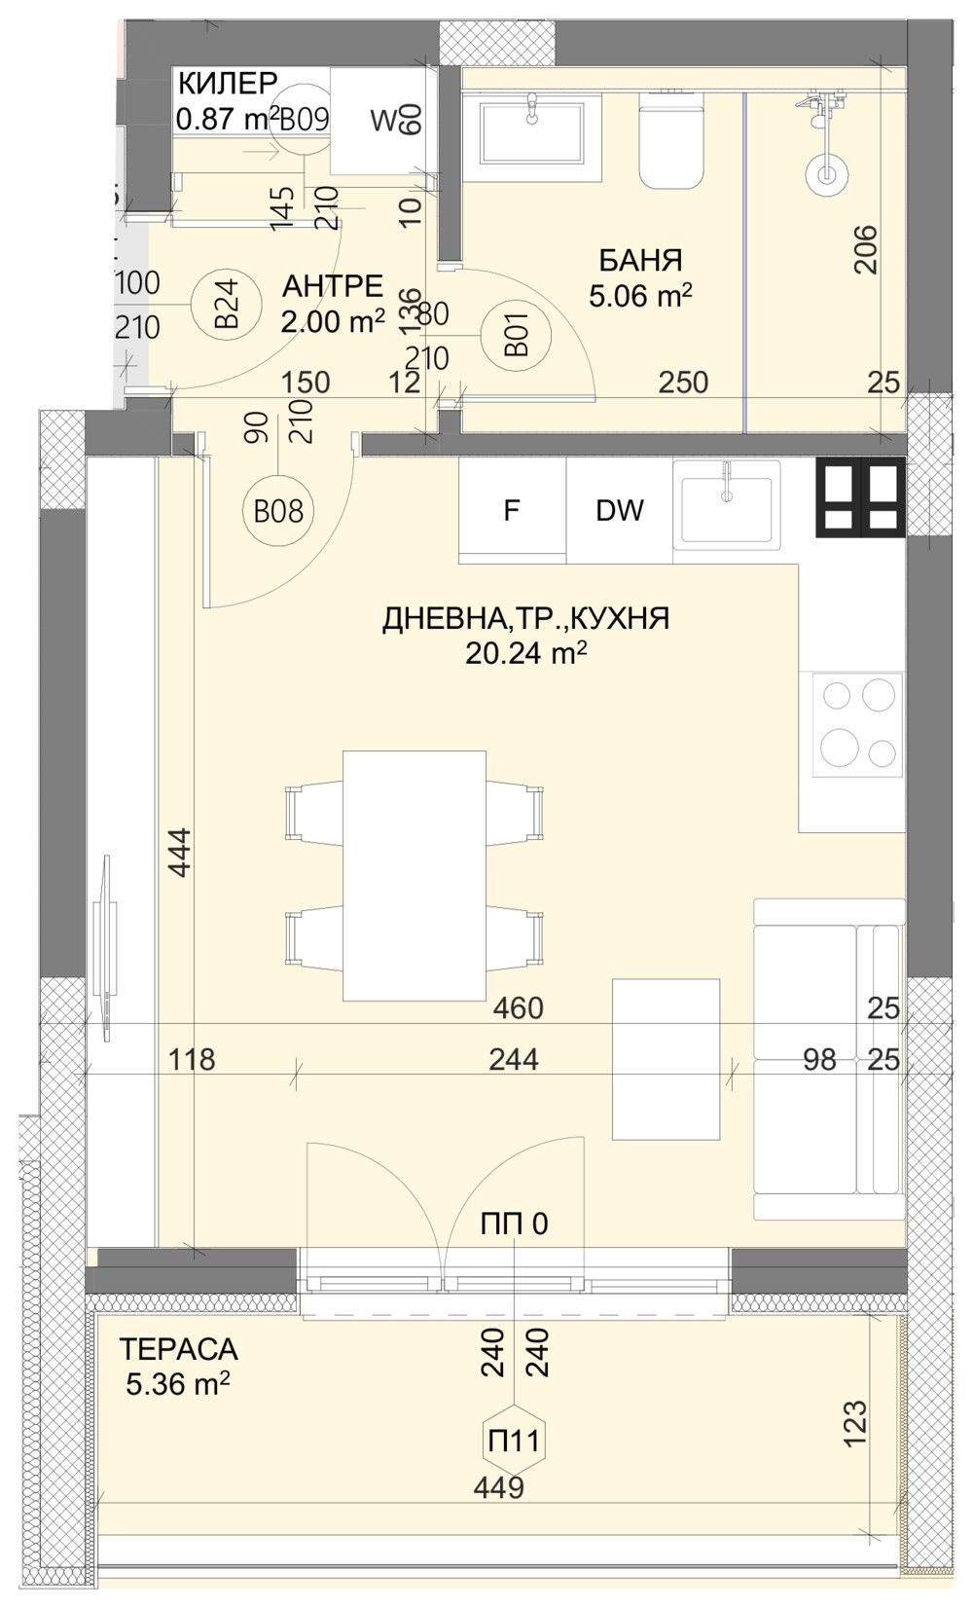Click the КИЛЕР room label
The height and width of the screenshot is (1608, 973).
[227, 83]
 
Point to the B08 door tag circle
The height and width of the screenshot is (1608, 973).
[278, 510]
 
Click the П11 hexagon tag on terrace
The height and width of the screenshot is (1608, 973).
[513, 1441]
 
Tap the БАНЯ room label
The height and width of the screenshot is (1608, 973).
[639, 261]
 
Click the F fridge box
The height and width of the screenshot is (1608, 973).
[512, 511]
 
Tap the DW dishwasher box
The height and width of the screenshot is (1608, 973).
[619, 511]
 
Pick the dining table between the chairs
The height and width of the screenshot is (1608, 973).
[414, 875]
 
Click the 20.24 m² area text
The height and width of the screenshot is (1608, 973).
[525, 653]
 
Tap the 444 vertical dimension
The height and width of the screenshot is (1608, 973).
[181, 852]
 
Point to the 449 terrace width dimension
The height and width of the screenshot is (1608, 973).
[498, 1487]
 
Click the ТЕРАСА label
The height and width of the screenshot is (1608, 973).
[178, 1349]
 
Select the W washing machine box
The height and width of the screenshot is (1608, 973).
[381, 122]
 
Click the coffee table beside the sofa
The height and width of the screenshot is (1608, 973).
[666, 1059]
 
